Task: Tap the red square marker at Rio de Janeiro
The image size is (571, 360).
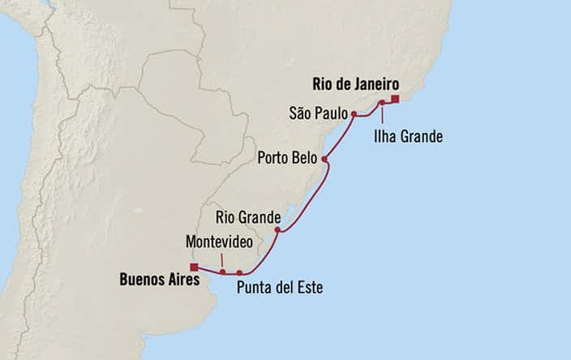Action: point(395,100)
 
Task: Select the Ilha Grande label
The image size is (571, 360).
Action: point(408,136)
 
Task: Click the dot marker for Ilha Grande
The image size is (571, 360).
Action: point(381,103)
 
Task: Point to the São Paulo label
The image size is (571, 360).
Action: point(318,114)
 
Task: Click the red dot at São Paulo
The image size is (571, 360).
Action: point(354,114)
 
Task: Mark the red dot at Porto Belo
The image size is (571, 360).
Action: point(324,159)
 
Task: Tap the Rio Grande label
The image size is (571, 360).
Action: point(248,217)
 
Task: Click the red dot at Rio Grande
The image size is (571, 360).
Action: point(277,230)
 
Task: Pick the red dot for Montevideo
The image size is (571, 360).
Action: point(222,272)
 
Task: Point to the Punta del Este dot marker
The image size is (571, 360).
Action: point(240,272)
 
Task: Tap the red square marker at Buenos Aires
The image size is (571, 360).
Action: point(194,267)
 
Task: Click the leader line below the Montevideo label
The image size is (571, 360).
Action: point(222,259)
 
